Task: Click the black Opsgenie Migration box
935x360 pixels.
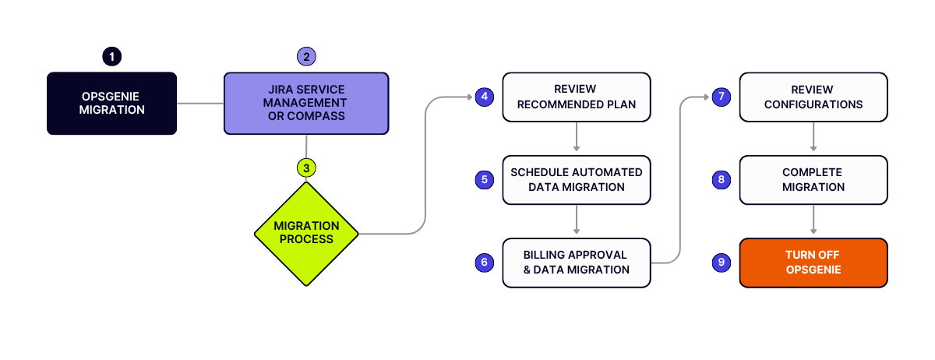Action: pos(112,103)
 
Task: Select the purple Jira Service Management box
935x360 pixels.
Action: pos(306,103)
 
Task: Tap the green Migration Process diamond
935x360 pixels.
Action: pos(306,234)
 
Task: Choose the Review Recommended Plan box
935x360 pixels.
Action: pos(577,97)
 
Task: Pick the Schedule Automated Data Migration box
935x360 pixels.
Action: pos(577,180)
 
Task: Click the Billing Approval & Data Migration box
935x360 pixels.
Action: pos(577,263)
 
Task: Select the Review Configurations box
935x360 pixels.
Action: pos(813,97)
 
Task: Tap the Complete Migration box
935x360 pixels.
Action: pos(813,180)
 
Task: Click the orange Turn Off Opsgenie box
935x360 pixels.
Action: pos(813,263)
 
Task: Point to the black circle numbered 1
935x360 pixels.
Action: pos(112,56)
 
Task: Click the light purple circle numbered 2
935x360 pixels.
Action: pos(306,56)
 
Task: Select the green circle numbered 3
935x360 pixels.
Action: pos(306,168)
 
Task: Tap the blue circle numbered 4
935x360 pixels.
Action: pos(484,97)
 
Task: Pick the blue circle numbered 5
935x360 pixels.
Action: pos(484,179)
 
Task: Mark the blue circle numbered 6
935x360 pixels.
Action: pos(484,263)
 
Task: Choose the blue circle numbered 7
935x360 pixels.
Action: pos(722,97)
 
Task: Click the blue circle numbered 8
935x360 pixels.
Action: pos(722,179)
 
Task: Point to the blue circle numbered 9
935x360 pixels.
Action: pos(722,263)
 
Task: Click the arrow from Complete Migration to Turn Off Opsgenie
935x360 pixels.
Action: pos(813,219)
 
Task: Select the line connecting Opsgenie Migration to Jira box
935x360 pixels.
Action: pos(200,103)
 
